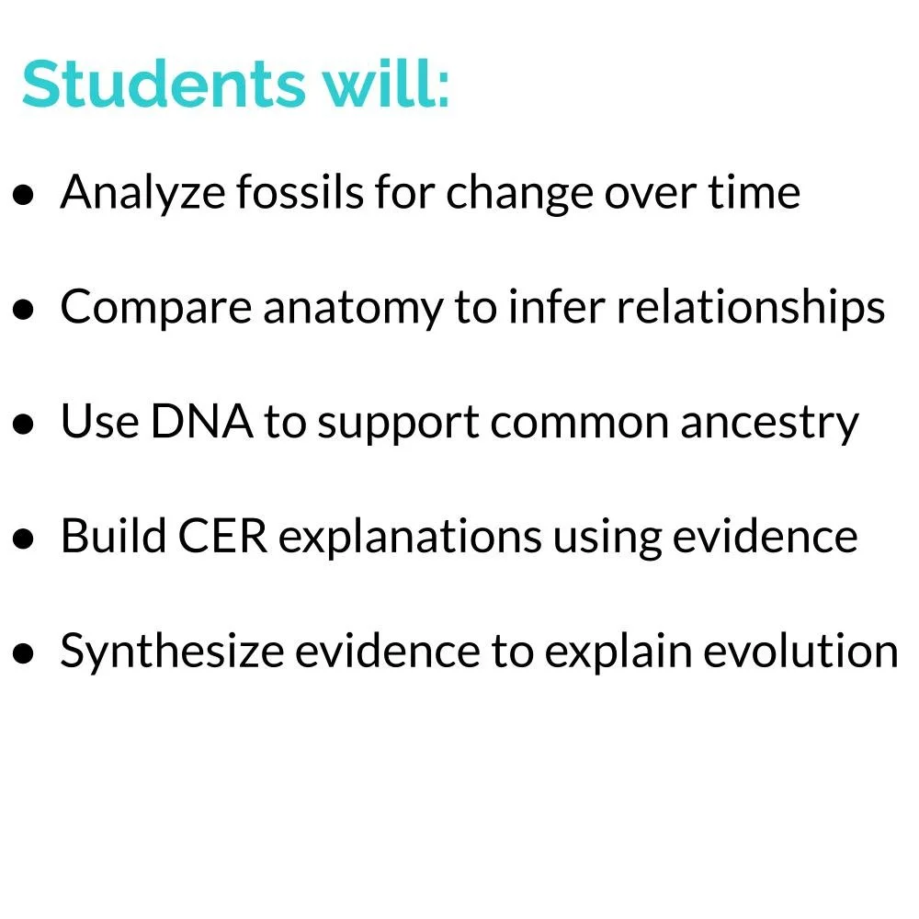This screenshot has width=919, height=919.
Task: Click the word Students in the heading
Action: pos(160,85)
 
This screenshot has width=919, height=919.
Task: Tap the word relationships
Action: pos(751,309)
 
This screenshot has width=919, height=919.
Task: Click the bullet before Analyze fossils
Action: pos(25,196)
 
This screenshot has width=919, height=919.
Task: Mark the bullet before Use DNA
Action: pos(25,425)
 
